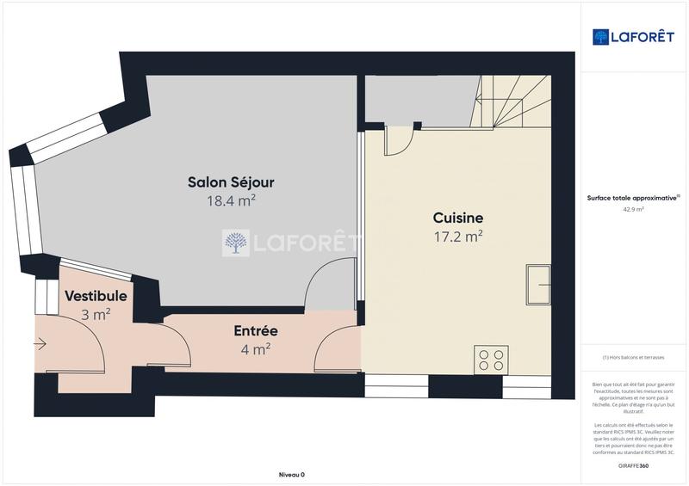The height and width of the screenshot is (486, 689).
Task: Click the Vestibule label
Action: click(x=96, y=297)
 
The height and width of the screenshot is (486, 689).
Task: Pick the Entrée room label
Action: click(x=256, y=330)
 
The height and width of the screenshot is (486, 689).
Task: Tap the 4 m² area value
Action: click(x=256, y=348)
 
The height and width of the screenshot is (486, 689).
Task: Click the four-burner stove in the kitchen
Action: click(x=492, y=360)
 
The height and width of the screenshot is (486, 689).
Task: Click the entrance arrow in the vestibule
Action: click(x=40, y=345)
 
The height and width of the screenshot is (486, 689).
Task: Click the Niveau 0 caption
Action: click(x=292, y=475)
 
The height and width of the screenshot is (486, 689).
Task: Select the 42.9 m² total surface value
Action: click(x=633, y=208)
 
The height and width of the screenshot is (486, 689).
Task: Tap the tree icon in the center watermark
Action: click(x=236, y=243)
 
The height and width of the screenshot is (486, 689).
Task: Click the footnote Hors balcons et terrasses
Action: click(x=633, y=357)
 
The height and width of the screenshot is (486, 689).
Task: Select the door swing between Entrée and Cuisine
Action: click(x=336, y=350)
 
